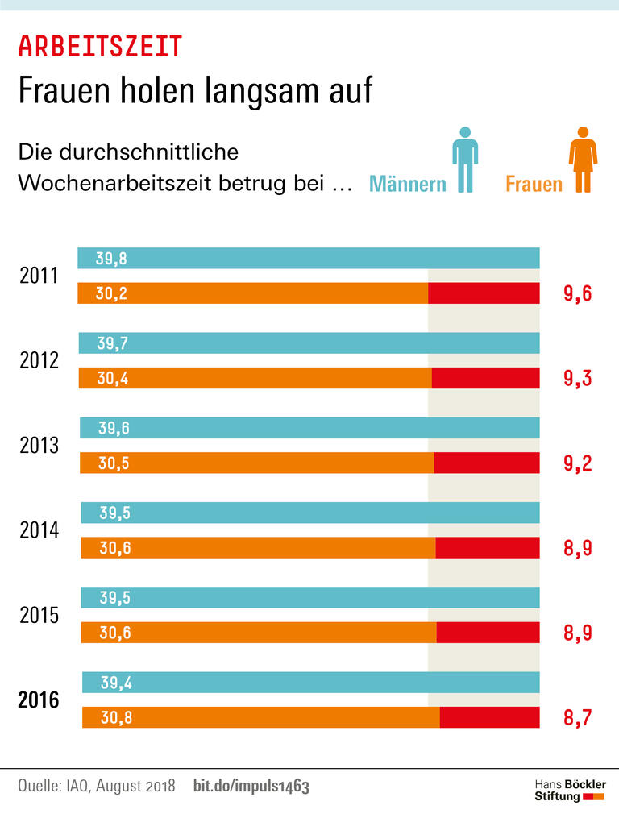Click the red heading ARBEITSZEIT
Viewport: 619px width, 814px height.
100,47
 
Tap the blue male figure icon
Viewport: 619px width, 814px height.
464,160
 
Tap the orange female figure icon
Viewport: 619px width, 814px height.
583,160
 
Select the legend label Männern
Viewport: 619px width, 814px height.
407,184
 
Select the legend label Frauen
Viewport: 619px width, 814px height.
534,184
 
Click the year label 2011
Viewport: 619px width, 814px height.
39,276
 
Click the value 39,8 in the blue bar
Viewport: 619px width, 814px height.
111,259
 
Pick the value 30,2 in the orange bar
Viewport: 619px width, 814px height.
111,293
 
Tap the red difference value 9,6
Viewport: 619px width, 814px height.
577,293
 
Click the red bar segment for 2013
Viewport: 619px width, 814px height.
487,463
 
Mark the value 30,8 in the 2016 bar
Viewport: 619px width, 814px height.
116,717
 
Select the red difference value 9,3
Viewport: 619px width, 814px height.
577,378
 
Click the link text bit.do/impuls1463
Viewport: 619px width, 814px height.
251,787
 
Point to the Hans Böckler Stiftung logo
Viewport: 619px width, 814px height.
570,790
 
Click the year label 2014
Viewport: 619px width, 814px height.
39,530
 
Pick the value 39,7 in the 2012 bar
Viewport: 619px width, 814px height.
113,343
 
